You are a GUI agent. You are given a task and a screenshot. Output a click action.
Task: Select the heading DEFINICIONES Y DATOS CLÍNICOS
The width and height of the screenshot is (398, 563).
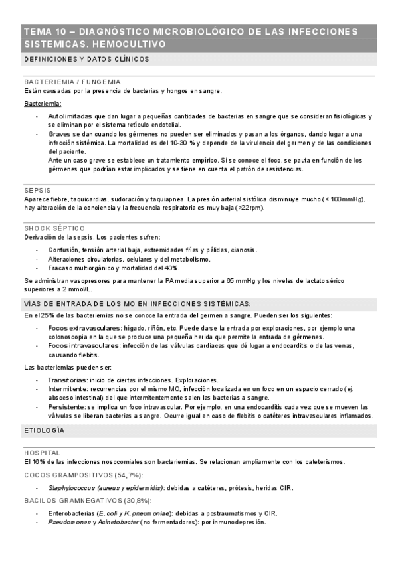pos(86,60)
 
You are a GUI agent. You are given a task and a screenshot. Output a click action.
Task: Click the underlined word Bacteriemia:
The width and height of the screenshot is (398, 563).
pos(43,104)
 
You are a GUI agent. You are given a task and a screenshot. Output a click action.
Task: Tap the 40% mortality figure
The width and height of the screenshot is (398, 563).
pos(171,268)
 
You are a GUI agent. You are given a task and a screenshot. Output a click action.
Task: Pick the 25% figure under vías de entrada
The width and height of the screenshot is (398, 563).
pos(47,315)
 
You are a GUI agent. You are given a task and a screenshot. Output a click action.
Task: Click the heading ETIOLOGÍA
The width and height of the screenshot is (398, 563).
pos(44,431)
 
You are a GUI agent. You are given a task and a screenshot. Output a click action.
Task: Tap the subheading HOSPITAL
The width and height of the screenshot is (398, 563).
pos(42,453)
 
